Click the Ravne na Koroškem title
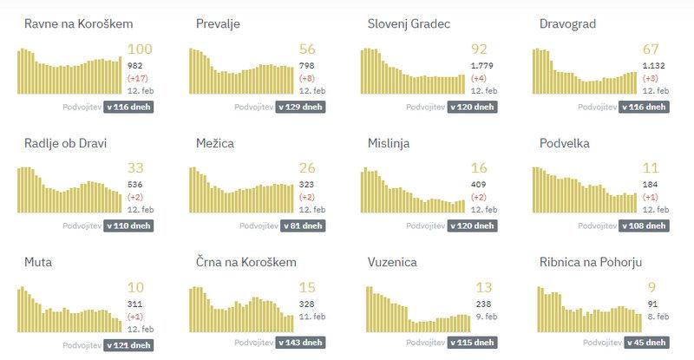(79, 24)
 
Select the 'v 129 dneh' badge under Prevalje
(302, 108)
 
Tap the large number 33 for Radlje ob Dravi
(136, 168)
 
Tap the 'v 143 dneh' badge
(302, 344)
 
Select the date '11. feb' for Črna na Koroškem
(313, 317)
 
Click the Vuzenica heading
(394, 261)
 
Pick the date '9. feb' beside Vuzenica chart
(486, 317)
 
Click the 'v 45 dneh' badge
(647, 344)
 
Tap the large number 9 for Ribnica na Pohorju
(651, 287)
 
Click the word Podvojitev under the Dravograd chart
(599, 108)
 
